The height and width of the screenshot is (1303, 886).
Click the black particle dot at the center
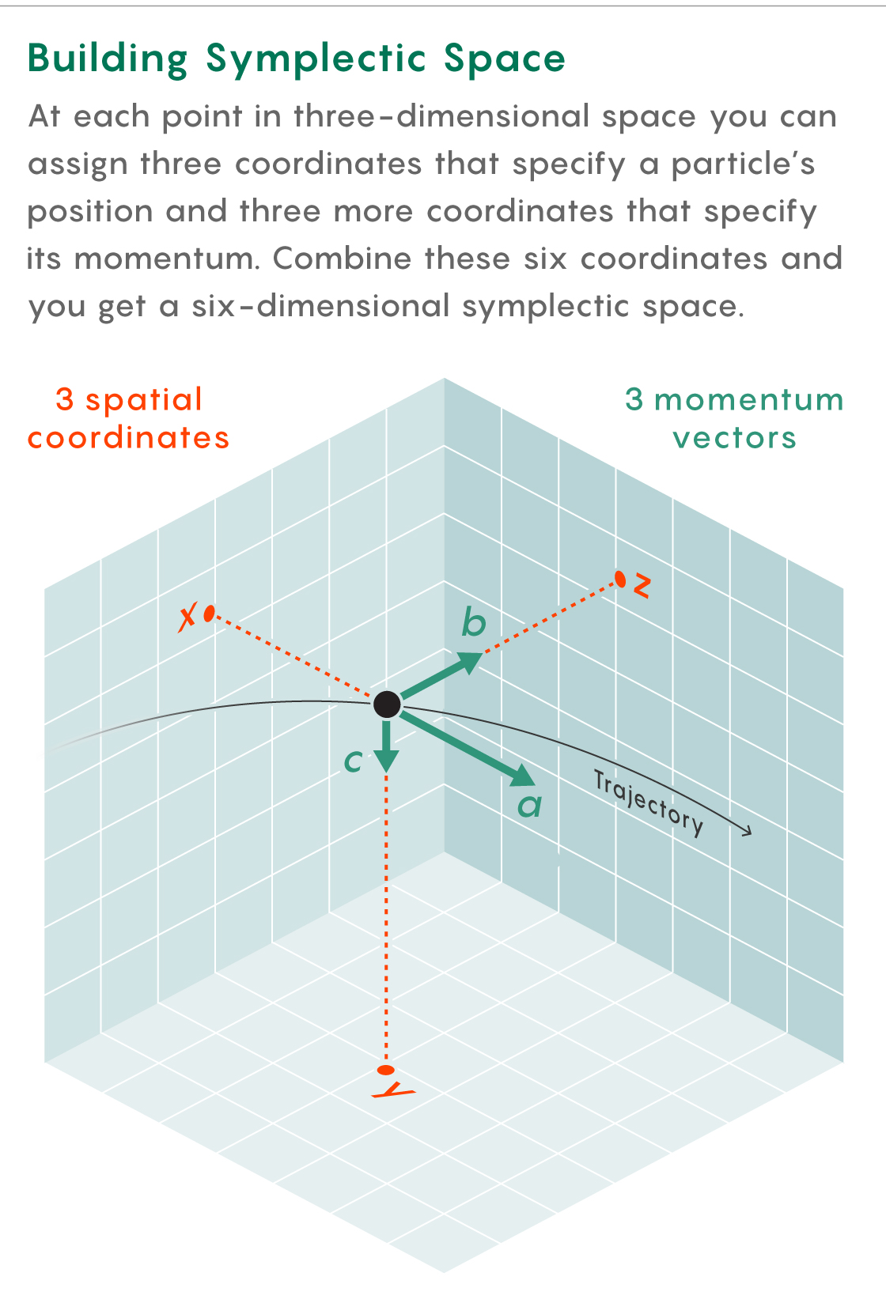coord(387,703)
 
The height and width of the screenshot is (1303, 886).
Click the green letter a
coord(529,806)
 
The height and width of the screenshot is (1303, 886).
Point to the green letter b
coord(473,623)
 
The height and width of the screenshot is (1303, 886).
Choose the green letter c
coord(353,761)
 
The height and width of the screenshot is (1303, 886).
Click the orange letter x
coord(187,618)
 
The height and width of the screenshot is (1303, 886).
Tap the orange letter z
coord(642,586)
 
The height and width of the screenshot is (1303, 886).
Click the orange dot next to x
coord(209,613)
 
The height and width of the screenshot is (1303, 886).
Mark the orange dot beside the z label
coord(621,580)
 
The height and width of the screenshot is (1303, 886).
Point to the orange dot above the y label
coord(386,1071)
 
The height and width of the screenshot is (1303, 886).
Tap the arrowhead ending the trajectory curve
coord(746,831)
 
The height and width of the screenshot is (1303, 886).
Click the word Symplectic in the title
coord(315,59)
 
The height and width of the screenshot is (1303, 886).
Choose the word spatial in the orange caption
coord(145,400)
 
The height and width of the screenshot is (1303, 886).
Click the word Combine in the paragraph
coord(342,259)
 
